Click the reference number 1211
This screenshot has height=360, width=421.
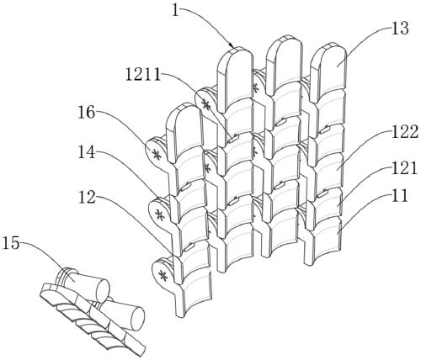tap(142, 74)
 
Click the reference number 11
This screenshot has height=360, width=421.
tap(399, 196)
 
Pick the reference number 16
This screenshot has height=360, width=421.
tap(87, 113)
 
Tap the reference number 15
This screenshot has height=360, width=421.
tap(11, 243)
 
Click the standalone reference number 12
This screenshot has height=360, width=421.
tap(87, 197)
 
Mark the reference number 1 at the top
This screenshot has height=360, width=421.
tap(175, 10)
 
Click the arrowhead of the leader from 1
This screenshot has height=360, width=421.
tap(231, 45)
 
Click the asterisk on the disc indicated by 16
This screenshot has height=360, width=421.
tap(156, 154)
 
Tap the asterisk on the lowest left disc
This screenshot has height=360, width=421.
tap(163, 276)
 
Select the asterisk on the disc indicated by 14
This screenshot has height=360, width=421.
tap(160, 215)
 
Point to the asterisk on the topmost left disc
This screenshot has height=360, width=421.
tap(206, 105)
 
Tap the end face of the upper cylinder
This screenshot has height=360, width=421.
tap(103, 291)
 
